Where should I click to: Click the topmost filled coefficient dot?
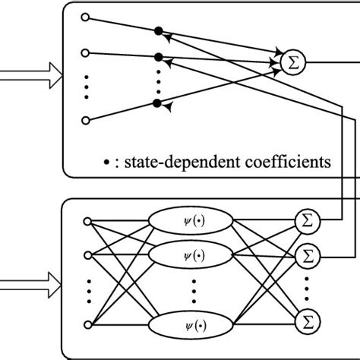tap(158, 31)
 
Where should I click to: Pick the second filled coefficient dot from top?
tap(158, 57)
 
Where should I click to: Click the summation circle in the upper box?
tap(292, 63)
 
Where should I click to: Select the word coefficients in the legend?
tap(289, 162)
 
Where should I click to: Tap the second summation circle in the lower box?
tap(306, 252)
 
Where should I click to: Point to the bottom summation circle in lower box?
tap(306, 317)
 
